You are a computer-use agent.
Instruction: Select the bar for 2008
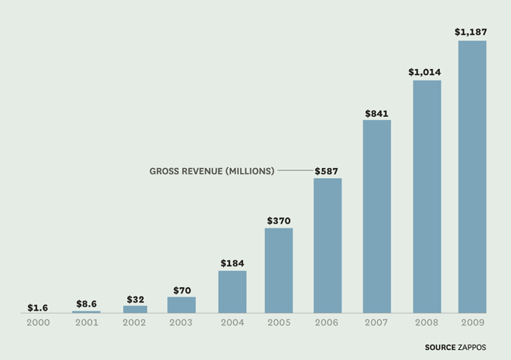[427, 197]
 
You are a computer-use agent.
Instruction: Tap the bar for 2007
[377, 216]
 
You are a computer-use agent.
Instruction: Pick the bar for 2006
[328, 245]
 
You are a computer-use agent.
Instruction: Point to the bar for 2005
[279, 270]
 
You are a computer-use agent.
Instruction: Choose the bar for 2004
[232, 292]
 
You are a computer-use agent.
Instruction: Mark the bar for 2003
[181, 305]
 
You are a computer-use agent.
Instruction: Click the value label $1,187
[471, 32]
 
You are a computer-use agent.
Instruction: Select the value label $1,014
[425, 72]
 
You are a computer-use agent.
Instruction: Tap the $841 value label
[377, 113]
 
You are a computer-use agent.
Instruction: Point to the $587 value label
[326, 170]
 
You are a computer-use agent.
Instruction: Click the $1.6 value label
[38, 307]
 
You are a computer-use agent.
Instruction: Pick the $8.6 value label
[86, 303]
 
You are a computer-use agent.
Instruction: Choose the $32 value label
[135, 299]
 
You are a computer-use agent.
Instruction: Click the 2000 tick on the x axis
[38, 322]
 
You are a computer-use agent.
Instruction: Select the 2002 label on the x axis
[135, 322]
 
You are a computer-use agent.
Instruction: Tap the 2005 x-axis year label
[279, 322]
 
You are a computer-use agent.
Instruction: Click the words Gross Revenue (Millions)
[211, 170]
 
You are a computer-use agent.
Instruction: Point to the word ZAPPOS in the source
[472, 348]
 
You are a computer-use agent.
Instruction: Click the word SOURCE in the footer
[440, 348]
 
